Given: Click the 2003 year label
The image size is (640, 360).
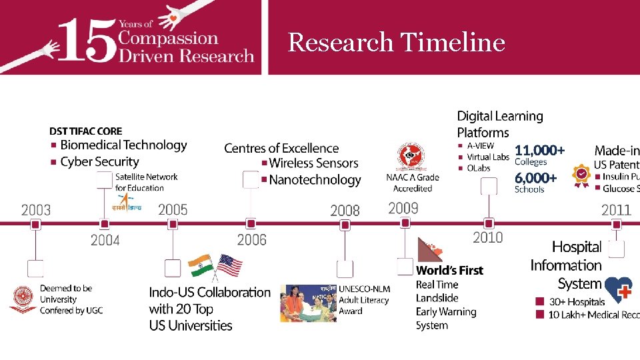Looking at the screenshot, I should tap(36, 210).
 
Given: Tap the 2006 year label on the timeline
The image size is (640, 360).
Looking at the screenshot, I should tap(251, 239).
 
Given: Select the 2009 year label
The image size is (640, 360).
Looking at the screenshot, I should tap(403, 208).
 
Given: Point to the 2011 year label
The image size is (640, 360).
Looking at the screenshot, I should tap(616, 210).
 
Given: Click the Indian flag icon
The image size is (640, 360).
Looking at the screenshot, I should tap(201, 265).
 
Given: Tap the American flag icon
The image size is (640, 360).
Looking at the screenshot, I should tap(229, 265).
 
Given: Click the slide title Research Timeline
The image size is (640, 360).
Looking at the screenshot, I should tap(396, 43).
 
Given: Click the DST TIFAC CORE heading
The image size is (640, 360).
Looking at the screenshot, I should tap(86, 131).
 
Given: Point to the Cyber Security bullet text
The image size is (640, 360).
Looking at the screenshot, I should tap(99, 161).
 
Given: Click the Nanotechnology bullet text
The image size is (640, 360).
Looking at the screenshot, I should tap(315, 179).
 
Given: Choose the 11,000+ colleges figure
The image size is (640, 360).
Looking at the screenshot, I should tap(539, 151).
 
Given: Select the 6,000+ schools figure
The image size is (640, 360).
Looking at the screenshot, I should tap(535, 178).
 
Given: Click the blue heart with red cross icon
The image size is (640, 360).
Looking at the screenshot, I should tap(618, 291).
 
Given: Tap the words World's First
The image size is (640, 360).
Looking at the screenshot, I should tap(449, 270).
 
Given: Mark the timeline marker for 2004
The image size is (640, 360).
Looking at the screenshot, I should tap(104, 225).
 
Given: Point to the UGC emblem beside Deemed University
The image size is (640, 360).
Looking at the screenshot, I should tap(23, 299).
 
